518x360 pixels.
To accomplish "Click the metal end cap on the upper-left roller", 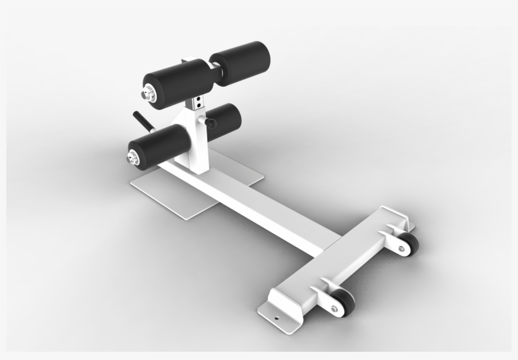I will tap(149, 94).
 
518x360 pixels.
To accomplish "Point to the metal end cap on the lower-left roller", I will tap(133, 156).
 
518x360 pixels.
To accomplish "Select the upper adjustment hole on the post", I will tap(198, 99).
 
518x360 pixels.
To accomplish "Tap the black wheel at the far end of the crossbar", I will tap(409, 244).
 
